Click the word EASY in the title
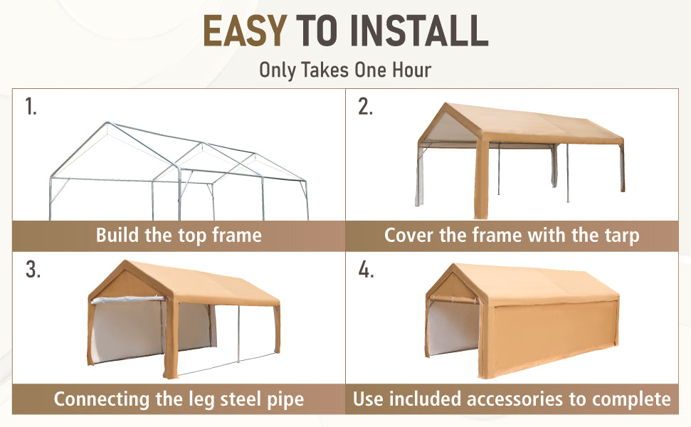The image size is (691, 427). tap(245, 31)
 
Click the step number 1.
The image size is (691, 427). tap(31, 107)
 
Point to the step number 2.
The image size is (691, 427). tap(365, 107)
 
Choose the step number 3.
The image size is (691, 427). tap(33, 269)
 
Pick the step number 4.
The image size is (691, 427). tap(366, 269)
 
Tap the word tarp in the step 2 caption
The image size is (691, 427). tap(622, 236)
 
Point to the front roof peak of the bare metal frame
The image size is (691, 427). tap(107, 123)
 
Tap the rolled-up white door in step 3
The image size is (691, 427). tap(128, 300)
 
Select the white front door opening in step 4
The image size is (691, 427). tap(453, 327)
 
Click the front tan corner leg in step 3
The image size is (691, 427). tap(171, 339)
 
